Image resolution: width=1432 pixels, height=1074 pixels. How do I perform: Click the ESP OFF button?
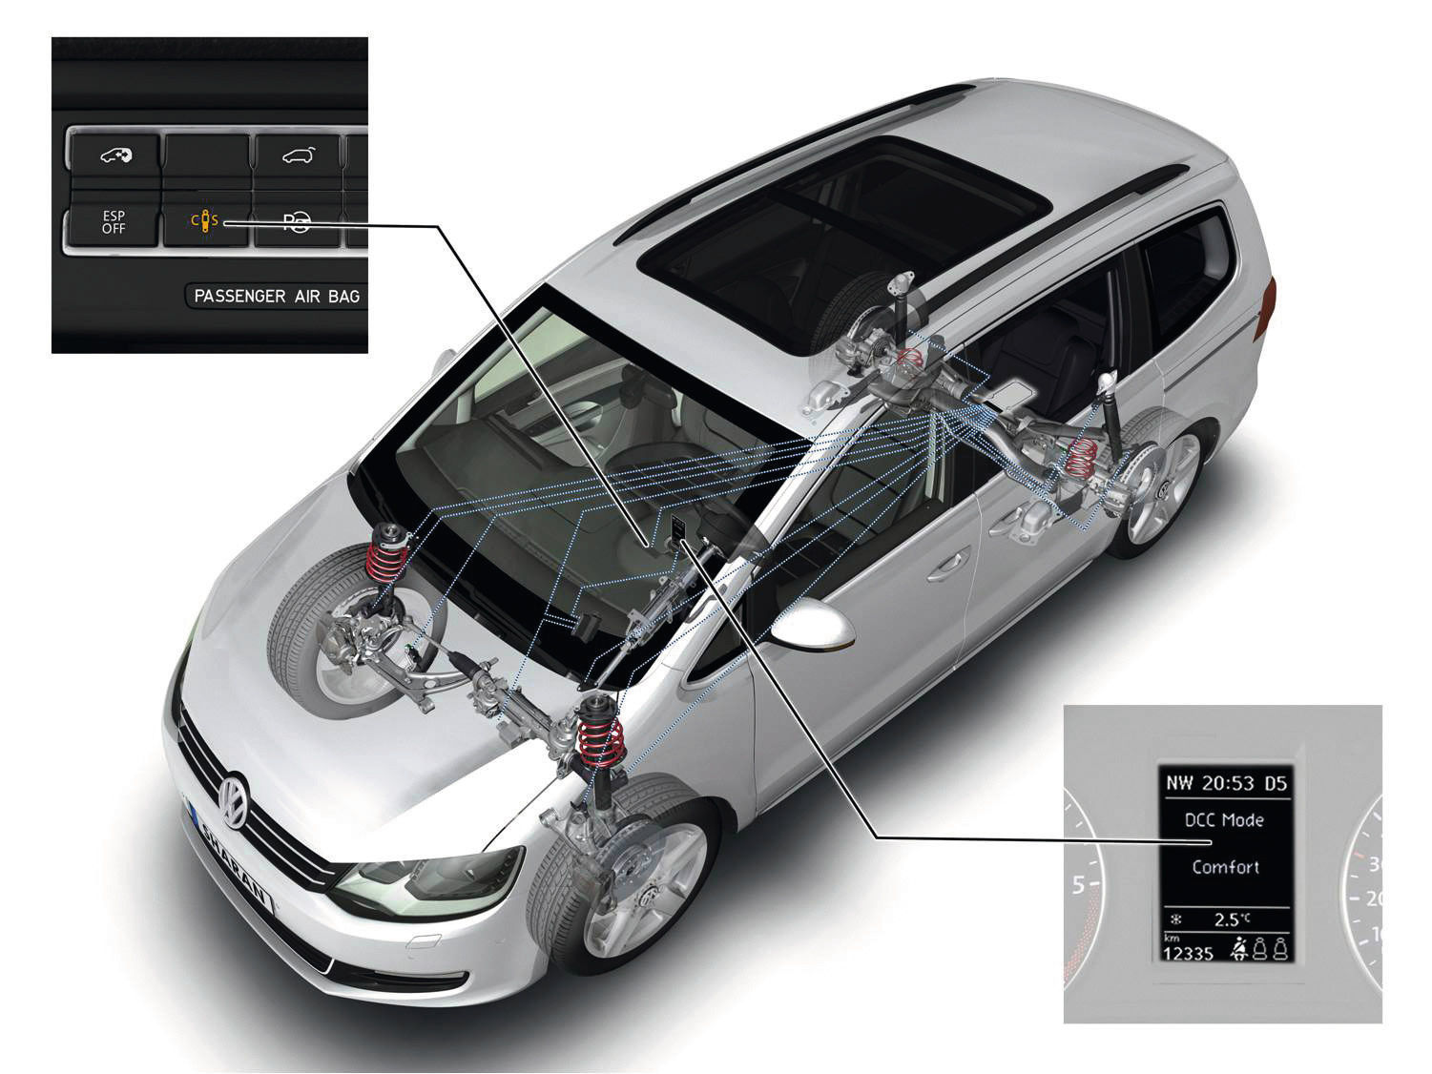click(x=114, y=223)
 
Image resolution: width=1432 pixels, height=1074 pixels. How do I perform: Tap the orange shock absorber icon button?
click(x=205, y=221)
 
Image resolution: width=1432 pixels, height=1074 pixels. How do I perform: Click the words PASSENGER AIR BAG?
click(x=277, y=297)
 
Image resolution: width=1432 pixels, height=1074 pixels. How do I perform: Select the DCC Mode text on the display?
click(x=1224, y=819)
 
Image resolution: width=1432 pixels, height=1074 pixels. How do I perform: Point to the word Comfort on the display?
click(x=1225, y=867)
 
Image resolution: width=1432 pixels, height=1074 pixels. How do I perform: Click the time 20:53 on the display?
click(x=1228, y=783)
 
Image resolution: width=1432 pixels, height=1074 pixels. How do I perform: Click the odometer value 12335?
click(x=1188, y=954)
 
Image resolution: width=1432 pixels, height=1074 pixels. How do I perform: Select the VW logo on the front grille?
click(x=234, y=801)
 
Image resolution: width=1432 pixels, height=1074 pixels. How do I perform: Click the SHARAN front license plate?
click(x=232, y=862)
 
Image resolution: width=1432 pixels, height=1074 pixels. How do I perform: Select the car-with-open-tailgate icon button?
click(x=298, y=155)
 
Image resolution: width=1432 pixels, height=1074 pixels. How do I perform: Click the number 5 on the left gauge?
click(x=1078, y=885)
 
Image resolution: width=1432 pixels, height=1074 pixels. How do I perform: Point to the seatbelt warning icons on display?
click(x=1259, y=948)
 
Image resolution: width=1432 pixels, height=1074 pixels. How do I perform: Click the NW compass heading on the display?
click(x=1179, y=783)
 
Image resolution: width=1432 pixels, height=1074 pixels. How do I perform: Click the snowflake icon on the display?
click(x=1177, y=920)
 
